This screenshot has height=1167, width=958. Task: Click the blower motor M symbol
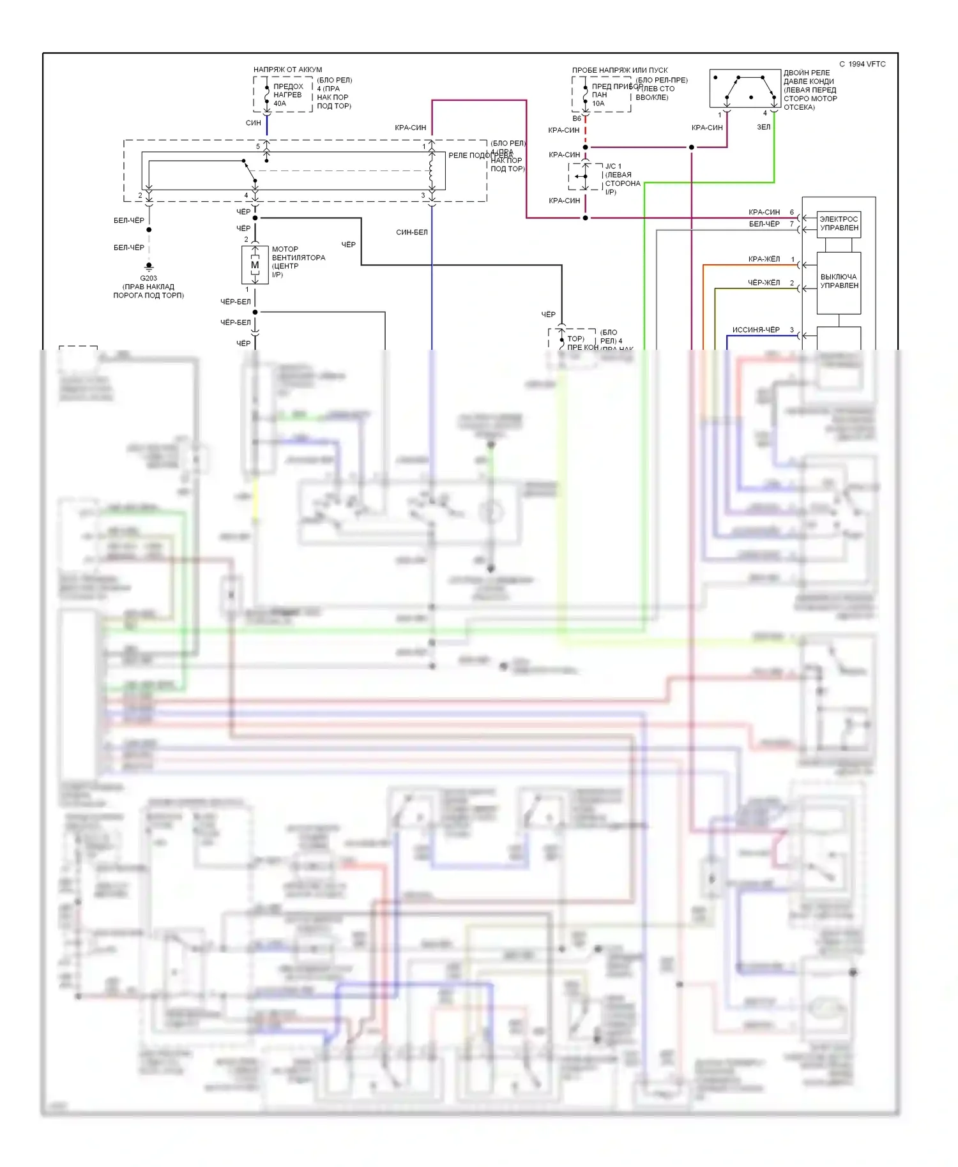(x=255, y=265)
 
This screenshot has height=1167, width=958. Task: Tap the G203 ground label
(x=148, y=278)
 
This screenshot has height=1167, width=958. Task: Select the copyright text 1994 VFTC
(x=862, y=64)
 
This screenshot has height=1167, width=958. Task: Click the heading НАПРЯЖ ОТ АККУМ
(x=287, y=70)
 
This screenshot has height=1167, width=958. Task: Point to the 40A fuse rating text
(x=280, y=103)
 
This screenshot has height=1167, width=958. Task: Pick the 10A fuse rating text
(x=598, y=103)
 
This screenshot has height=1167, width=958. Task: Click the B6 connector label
(x=577, y=119)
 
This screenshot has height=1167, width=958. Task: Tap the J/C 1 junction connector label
(x=613, y=167)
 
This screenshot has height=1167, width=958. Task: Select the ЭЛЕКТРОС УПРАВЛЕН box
(x=839, y=224)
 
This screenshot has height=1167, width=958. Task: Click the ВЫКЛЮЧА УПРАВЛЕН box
(x=839, y=282)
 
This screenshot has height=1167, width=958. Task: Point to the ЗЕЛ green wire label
(x=763, y=127)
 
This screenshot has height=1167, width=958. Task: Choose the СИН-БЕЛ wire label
(x=411, y=232)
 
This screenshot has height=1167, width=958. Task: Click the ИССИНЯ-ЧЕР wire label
(x=756, y=330)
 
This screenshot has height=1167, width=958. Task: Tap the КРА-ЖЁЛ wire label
(x=764, y=259)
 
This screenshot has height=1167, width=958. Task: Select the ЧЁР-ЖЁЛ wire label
(x=764, y=283)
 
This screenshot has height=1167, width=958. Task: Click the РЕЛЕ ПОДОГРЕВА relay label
(x=480, y=155)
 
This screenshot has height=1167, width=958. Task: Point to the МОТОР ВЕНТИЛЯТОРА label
(x=298, y=253)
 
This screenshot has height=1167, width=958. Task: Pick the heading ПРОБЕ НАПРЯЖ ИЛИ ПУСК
(x=620, y=70)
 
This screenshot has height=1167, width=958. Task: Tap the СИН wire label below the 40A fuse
(x=253, y=123)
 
